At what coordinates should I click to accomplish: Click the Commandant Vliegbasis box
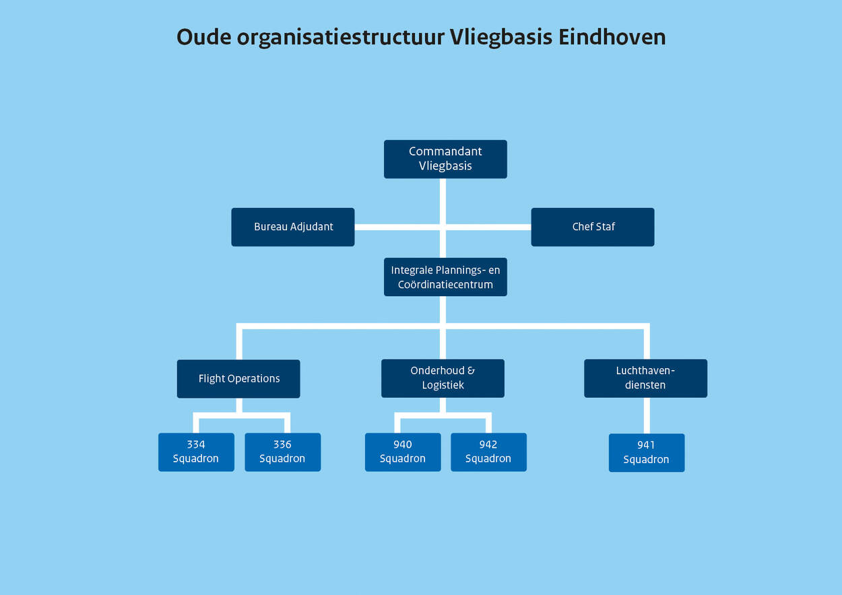tap(445, 159)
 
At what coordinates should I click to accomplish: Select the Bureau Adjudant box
tap(293, 227)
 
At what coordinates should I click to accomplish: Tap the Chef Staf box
tap(593, 227)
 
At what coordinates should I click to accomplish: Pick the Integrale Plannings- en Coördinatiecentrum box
tap(445, 277)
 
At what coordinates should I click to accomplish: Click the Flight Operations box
tap(238, 378)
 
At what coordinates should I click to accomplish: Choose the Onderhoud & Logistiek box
tap(443, 378)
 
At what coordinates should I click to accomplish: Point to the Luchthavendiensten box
tap(645, 378)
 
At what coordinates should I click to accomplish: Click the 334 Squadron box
tap(196, 452)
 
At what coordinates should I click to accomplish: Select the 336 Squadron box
tap(282, 452)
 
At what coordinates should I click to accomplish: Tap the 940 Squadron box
tap(403, 452)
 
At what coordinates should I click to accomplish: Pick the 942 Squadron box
tap(488, 452)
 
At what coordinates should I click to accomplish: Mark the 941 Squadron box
tap(647, 452)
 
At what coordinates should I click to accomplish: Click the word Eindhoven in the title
tap(612, 37)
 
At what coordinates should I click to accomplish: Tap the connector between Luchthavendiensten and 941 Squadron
tap(647, 415)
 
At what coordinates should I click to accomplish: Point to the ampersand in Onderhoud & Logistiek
tap(471, 371)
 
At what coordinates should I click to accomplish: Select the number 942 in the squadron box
tap(488, 444)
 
